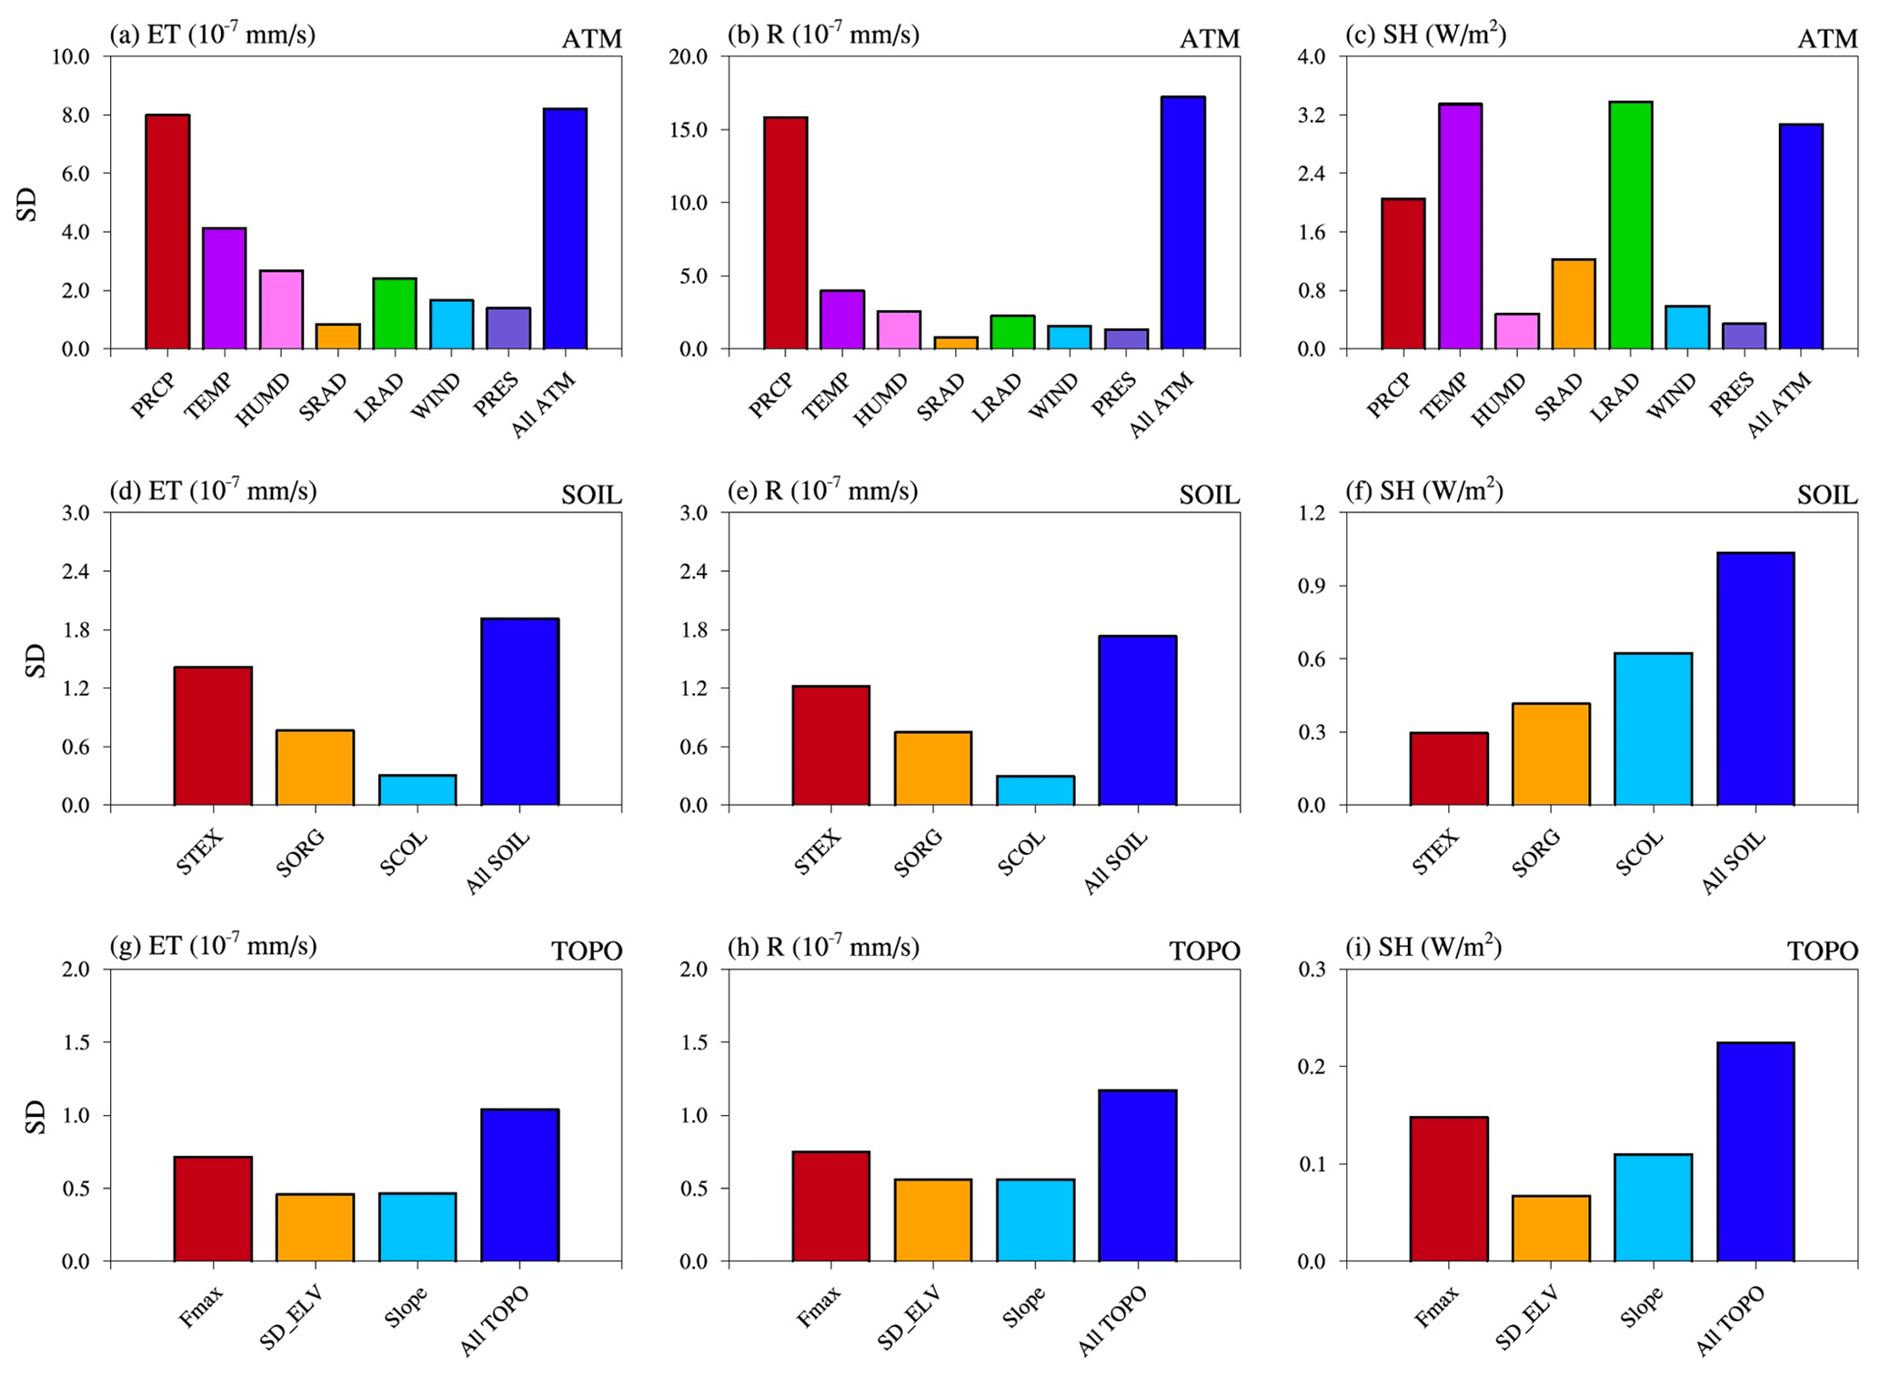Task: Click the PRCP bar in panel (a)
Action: click(167, 232)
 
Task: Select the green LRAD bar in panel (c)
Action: click(1630, 226)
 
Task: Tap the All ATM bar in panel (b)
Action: click(1182, 223)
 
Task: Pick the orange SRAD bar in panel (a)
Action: click(337, 336)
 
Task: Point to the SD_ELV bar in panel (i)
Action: click(1551, 1229)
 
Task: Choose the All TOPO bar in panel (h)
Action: click(1137, 1176)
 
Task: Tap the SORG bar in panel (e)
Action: click(932, 768)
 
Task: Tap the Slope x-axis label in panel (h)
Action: click(1023, 1307)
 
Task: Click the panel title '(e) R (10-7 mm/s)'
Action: click(822, 491)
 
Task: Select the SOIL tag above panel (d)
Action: click(591, 495)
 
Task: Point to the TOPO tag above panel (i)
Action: click(1822, 951)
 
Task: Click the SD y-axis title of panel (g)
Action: click(35, 1117)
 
